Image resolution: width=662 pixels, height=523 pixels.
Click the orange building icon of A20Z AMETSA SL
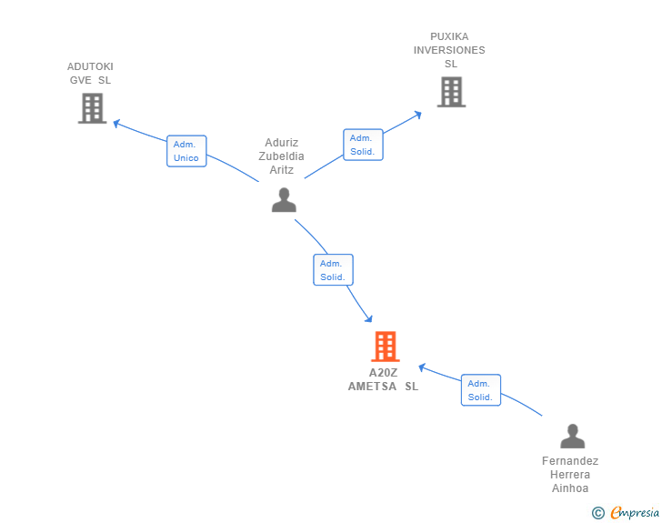pyautogui.click(x=386, y=347)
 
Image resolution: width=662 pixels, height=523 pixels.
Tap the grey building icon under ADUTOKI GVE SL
pyautogui.click(x=93, y=108)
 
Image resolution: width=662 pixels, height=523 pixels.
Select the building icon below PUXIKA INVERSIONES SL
pyautogui.click(x=451, y=92)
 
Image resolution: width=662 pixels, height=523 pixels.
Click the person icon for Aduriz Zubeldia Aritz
pyautogui.click(x=284, y=200)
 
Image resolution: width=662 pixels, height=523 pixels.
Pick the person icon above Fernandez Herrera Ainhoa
pyautogui.click(x=573, y=436)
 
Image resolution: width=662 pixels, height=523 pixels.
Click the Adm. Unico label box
pyautogui.click(x=186, y=151)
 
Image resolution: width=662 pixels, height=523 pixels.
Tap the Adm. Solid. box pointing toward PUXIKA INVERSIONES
pyautogui.click(x=363, y=145)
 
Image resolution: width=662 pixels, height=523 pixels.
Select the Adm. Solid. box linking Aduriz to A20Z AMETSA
pyautogui.click(x=333, y=270)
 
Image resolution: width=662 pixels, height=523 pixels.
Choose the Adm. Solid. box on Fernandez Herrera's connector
pyautogui.click(x=481, y=390)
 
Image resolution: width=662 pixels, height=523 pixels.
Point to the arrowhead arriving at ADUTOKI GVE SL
pyautogui.click(x=116, y=124)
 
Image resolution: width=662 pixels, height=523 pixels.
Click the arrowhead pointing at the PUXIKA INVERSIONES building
pyautogui.click(x=418, y=115)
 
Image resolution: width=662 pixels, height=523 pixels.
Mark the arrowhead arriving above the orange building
pyautogui.click(x=369, y=318)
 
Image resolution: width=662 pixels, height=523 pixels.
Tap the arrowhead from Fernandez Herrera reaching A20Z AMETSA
pyautogui.click(x=422, y=367)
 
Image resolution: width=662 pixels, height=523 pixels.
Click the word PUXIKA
pyautogui.click(x=449, y=36)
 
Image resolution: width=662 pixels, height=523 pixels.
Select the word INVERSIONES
pyautogui.click(x=449, y=50)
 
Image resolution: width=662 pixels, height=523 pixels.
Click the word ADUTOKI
pyautogui.click(x=90, y=66)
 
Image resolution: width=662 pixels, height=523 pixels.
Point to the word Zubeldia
pyautogui.click(x=281, y=156)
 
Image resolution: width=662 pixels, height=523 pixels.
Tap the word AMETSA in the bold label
pyautogui.click(x=372, y=387)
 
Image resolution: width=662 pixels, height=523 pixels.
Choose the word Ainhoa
pyautogui.click(x=570, y=488)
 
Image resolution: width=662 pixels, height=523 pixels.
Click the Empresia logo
pyautogui.click(x=626, y=513)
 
